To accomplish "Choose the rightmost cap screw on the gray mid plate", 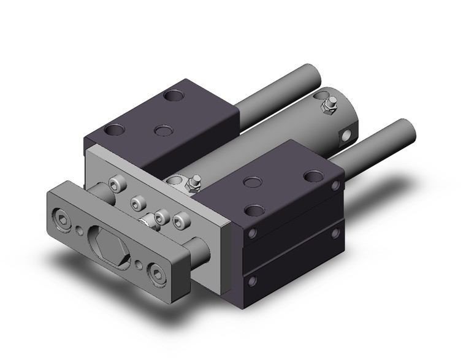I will click(x=180, y=218).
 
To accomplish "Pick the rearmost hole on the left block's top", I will click(x=175, y=96).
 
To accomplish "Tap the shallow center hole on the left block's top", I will click(x=162, y=131).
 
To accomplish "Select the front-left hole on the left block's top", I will click(x=112, y=131).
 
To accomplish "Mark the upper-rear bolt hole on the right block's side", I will click(x=335, y=185).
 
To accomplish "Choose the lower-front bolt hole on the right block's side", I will click(x=251, y=283).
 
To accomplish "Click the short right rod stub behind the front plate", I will click(x=199, y=251).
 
